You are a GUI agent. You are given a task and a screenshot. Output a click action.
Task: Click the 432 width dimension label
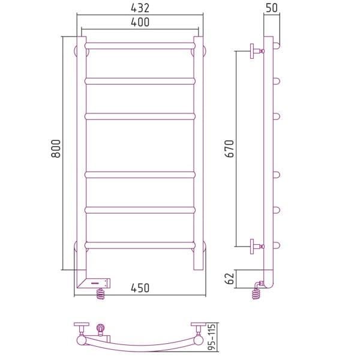tap(140, 8)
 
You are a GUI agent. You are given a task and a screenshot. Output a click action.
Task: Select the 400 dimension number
tap(140, 22)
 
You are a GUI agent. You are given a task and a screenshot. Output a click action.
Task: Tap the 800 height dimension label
tap(56, 149)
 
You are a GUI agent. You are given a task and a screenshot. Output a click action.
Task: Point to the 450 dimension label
tap(140, 288)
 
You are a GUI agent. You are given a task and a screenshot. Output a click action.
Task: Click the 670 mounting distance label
tap(229, 149)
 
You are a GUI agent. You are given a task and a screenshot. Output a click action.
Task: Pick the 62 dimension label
tap(229, 278)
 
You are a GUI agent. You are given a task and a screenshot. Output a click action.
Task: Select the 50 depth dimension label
tap(272, 8)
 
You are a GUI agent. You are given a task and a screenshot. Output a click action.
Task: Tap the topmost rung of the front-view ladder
tap(140, 46)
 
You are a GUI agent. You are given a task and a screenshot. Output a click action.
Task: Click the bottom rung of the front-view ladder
tap(140, 245)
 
